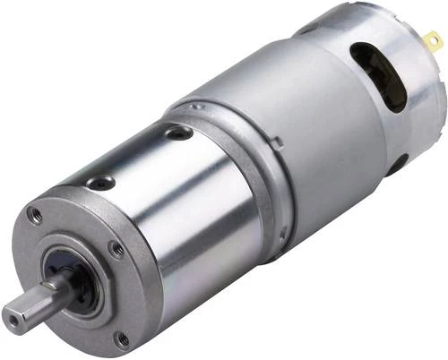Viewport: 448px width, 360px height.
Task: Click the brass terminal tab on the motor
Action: pyautogui.click(x=433, y=41)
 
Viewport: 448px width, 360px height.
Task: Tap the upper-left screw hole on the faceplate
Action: pyautogui.click(x=35, y=215)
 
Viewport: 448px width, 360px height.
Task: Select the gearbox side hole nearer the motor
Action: pyautogui.click(x=179, y=133)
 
